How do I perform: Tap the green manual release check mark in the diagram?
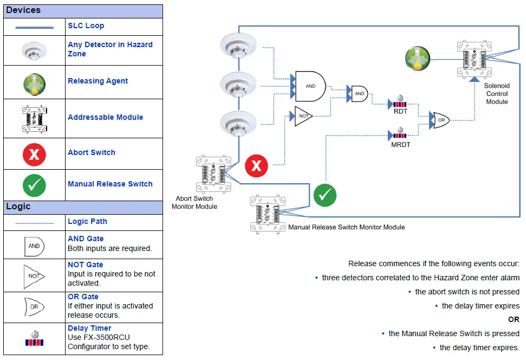pyautogui.click(x=324, y=195)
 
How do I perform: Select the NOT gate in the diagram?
pyautogui.click(x=303, y=116)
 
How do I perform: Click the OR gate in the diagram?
pyautogui.click(x=438, y=120)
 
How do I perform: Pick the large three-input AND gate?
pyautogui.click(x=310, y=86)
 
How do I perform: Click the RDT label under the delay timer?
pyautogui.click(x=401, y=112)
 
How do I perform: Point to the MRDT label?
pyautogui.click(x=400, y=145)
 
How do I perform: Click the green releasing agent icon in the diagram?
pyautogui.click(x=418, y=59)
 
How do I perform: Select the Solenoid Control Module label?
pyautogui.click(x=496, y=94)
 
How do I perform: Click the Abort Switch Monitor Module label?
pyautogui.click(x=194, y=202)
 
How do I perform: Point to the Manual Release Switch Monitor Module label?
pyautogui.click(x=347, y=227)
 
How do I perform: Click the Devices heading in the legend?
pyautogui.click(x=23, y=10)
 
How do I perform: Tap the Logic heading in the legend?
pyautogui.click(x=18, y=207)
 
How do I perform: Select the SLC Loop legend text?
pyautogui.click(x=86, y=25)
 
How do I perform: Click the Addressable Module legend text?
pyautogui.click(x=105, y=117)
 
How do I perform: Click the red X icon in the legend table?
pyautogui.click(x=34, y=154)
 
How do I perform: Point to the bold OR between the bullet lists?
pyautogui.click(x=514, y=319)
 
